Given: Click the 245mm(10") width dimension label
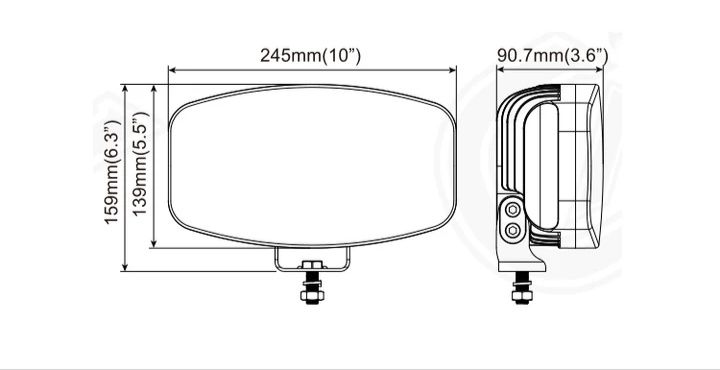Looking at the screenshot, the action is (x=310, y=56).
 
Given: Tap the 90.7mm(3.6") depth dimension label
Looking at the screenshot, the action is (x=552, y=56).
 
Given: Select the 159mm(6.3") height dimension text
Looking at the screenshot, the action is (x=112, y=172).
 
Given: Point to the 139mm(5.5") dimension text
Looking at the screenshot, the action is (x=139, y=164).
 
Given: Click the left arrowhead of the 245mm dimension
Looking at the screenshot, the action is (x=172, y=70).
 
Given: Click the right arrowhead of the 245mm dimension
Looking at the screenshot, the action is (x=452, y=70).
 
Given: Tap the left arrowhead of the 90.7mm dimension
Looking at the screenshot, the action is (x=501, y=70).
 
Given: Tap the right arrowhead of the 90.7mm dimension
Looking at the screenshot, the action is (x=599, y=70).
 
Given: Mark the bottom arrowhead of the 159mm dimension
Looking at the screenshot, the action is (x=125, y=267).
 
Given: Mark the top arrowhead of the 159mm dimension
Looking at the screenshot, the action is (x=125, y=89).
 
